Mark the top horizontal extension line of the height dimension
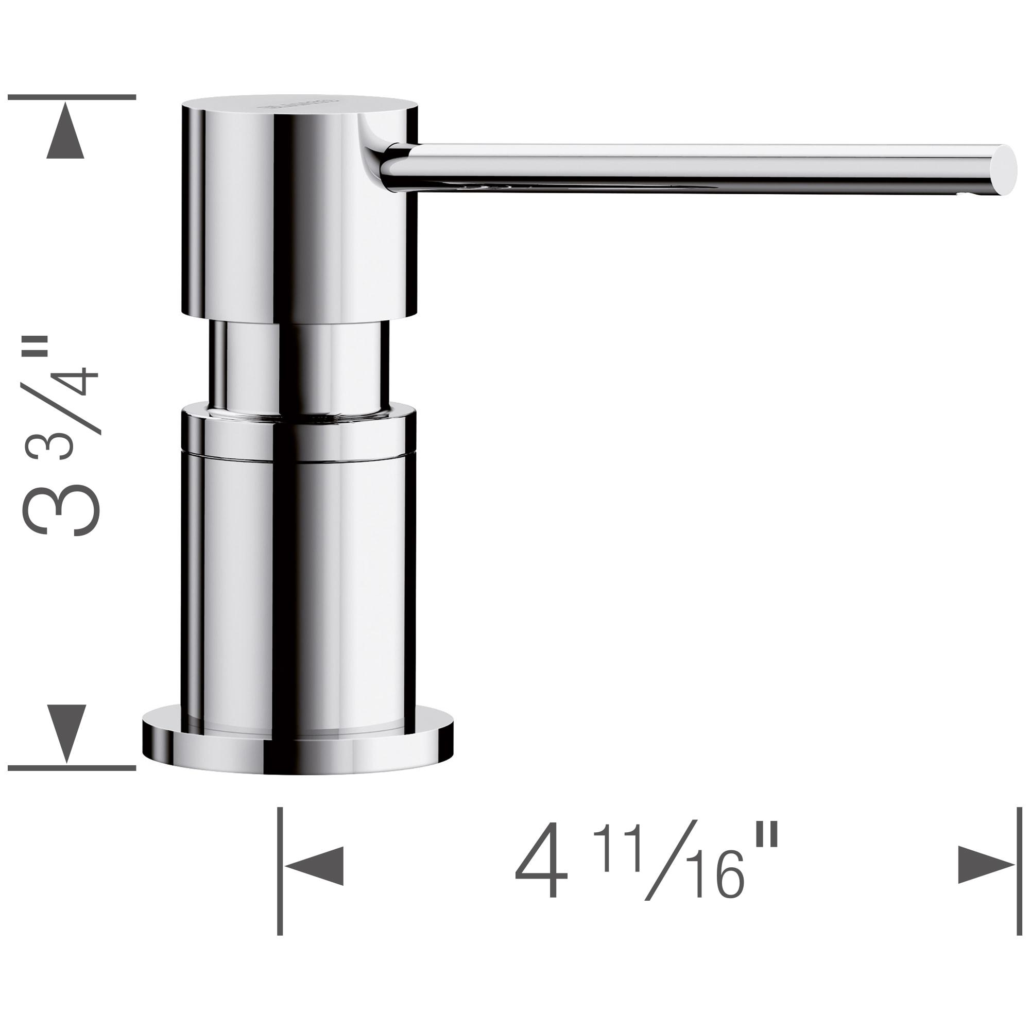(x=72, y=97)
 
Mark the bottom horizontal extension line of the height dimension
(x=72, y=768)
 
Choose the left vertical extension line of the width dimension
(x=280, y=874)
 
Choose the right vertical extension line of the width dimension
(x=1019, y=874)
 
